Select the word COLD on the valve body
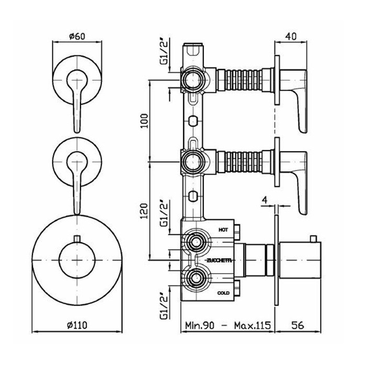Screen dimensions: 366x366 (x=223, y=294)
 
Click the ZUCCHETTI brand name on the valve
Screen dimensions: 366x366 (x=215, y=259)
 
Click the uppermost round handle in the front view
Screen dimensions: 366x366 (x=77, y=78)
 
